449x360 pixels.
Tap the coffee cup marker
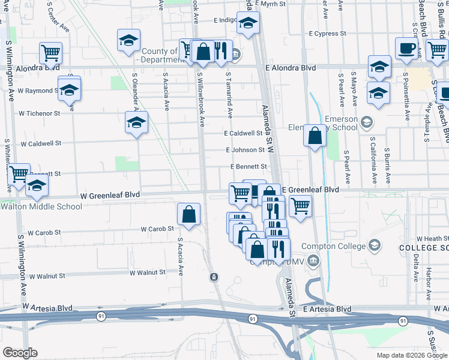[407, 49]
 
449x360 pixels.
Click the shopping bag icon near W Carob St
[189, 214]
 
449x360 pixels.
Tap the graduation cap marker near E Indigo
[247, 23]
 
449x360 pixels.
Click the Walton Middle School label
[41, 207]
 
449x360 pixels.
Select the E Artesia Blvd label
[327, 309]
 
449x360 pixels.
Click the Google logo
[20, 353]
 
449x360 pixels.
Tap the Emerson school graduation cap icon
[366, 123]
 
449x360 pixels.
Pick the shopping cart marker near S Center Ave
[51, 53]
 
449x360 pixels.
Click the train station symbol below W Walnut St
[214, 277]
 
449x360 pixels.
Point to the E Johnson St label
[245, 150]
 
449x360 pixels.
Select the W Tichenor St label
[40, 113]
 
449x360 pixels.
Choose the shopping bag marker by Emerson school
[315, 136]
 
